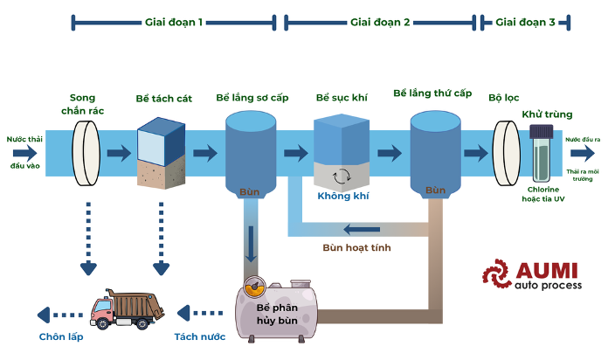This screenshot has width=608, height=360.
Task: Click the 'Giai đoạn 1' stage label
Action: [x=174, y=22]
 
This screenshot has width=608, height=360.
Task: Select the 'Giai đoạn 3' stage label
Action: [x=525, y=22]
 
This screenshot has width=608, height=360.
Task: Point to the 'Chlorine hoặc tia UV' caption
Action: [x=542, y=193]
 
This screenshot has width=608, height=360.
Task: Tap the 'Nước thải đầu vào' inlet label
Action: [x=22, y=145]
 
